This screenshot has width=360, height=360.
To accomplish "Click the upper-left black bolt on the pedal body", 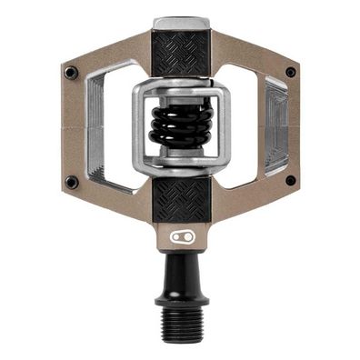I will click(72, 69).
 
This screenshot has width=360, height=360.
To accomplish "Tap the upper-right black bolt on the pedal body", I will click(290, 72).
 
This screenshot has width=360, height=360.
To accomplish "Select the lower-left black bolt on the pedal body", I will click(71, 182).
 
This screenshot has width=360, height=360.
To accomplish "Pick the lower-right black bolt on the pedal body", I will click(290, 180).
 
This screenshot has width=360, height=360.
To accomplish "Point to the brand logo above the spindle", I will click(180, 237).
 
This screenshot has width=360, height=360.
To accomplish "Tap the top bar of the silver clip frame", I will click(180, 88).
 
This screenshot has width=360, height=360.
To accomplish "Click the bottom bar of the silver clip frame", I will click(180, 162).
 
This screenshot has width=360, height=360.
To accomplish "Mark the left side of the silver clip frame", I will click(138, 125).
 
